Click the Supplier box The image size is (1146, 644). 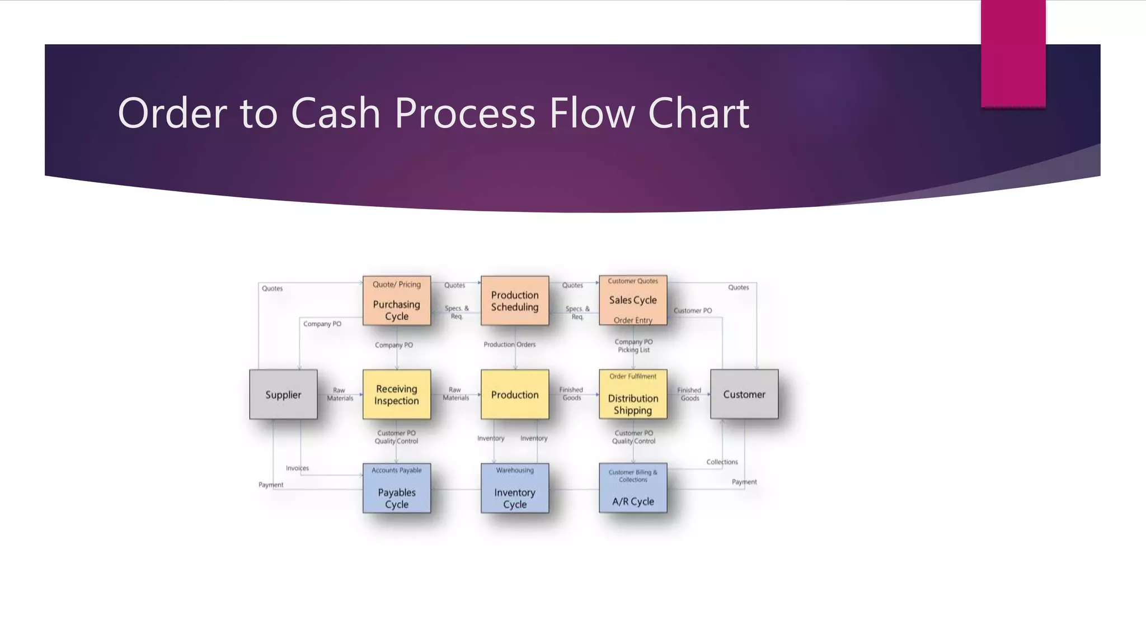coord(283,394)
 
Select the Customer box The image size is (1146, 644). coord(744,394)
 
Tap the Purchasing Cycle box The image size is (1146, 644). coord(397,301)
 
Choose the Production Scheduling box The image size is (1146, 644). coord(515,301)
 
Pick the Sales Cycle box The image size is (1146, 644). coord(633,300)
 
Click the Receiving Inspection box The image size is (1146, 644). coord(397,394)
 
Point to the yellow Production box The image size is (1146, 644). coord(515,394)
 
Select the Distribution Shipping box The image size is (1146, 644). coord(633,394)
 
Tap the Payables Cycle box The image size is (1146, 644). coord(397,488)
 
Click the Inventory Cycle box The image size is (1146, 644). coord(515,488)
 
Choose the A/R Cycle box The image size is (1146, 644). coord(633,488)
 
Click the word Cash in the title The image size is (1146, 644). coord(335,113)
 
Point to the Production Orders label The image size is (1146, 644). coord(509,344)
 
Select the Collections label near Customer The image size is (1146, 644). coord(722,462)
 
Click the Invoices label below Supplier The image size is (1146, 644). coord(297,468)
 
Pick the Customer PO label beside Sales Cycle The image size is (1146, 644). coord(693,311)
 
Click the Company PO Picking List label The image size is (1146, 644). coord(633,345)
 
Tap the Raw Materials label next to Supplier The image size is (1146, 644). coord(340,394)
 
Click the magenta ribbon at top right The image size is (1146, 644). coord(1013,53)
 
